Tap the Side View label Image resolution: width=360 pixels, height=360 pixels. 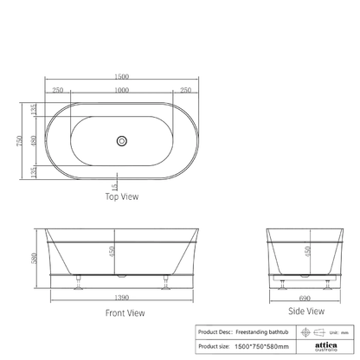305,310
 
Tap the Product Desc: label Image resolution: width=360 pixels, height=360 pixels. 221,331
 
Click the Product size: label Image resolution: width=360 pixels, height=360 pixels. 220,345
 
